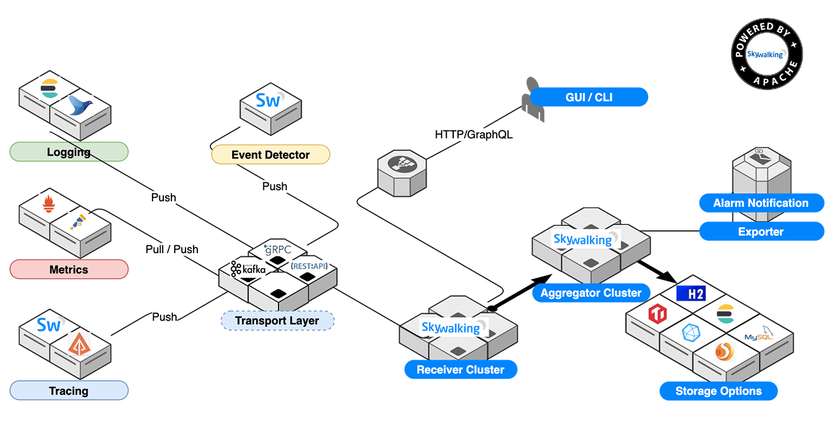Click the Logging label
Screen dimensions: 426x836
(x=69, y=152)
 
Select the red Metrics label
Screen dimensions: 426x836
(x=69, y=270)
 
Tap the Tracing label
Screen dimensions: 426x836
(x=69, y=391)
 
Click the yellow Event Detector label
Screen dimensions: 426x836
(x=270, y=154)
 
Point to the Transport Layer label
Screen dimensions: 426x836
(x=277, y=320)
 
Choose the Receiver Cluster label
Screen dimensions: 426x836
(x=460, y=370)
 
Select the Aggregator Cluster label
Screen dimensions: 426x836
(x=590, y=293)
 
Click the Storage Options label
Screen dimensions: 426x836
(x=718, y=391)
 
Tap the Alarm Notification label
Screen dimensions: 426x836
(x=761, y=203)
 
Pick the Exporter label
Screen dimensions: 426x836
(x=761, y=232)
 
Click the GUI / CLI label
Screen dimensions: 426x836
(x=589, y=97)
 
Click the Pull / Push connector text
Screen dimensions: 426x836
(x=172, y=249)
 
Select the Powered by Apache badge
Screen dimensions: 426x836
(x=767, y=54)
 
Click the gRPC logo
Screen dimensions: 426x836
(x=278, y=249)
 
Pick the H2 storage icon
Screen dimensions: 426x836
(x=690, y=293)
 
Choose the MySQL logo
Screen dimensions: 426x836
(x=759, y=336)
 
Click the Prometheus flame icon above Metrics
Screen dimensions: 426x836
(x=49, y=204)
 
